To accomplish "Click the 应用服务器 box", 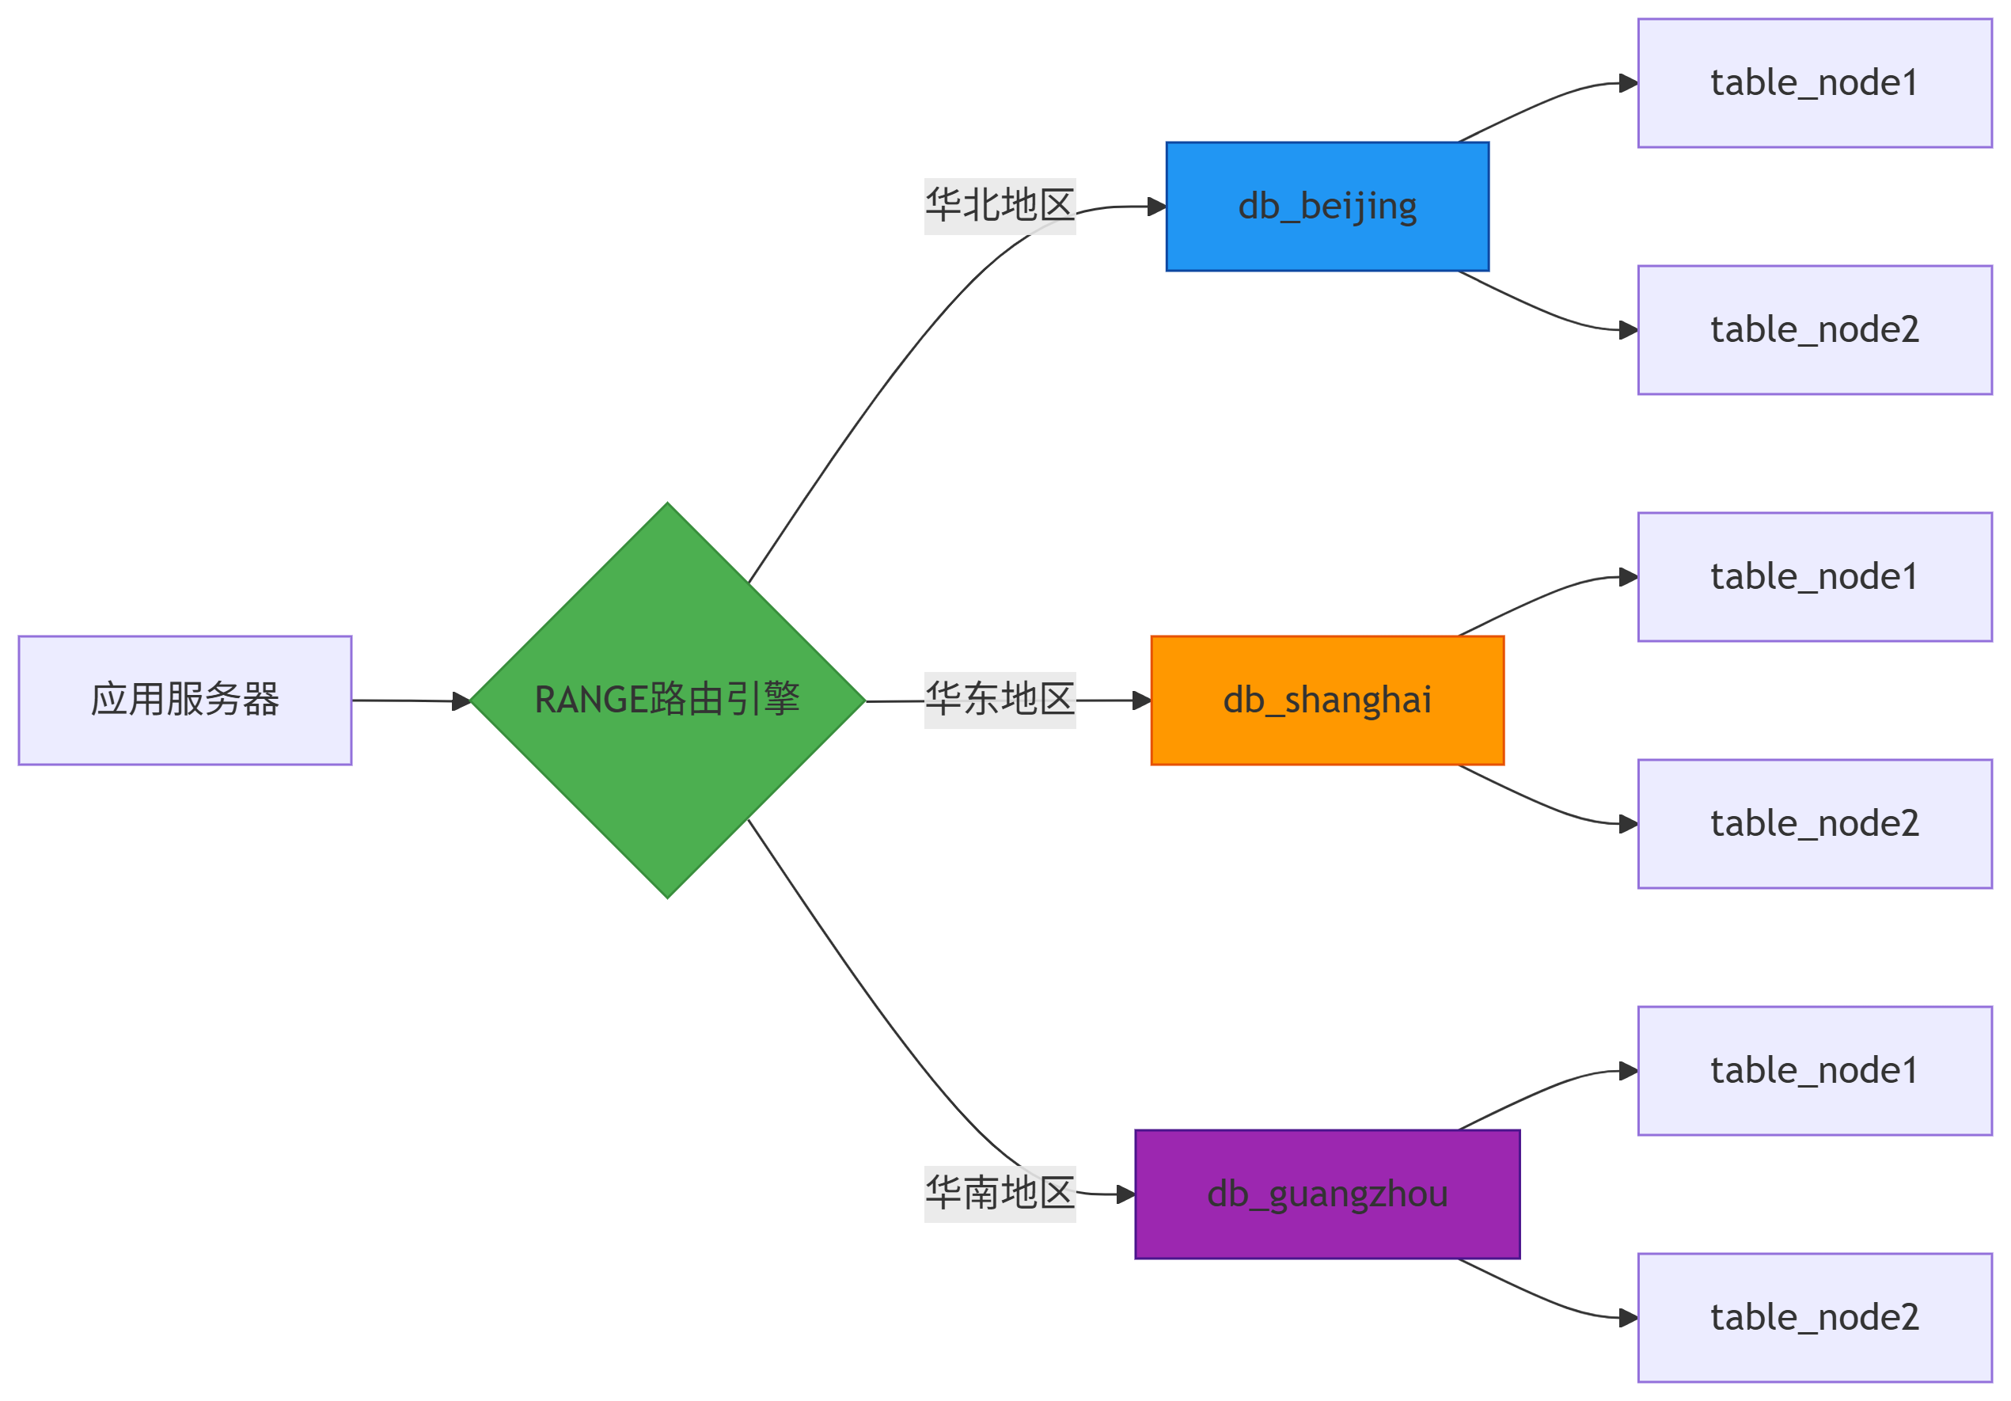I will coord(185,700).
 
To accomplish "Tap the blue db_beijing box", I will coord(1327,207).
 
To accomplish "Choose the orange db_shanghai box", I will coord(1327,700).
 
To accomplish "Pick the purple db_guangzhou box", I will coord(1327,1194).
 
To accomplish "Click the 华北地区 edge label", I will coord(1000,206).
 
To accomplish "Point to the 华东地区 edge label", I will coord(1000,700).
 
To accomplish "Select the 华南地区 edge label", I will coord(1000,1194).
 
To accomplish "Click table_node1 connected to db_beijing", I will coord(1815,83).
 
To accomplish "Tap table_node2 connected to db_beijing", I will coord(1815,330).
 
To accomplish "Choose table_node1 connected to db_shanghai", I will coord(1815,577).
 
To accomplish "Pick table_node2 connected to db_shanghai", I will coord(1815,825).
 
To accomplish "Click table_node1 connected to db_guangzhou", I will coord(1815,1071).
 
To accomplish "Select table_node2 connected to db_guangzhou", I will coord(1815,1318).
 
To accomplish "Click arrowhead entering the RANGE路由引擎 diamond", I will coord(461,701).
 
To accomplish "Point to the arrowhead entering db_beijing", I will coord(1156,207).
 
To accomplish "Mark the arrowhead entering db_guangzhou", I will coord(1125,1194).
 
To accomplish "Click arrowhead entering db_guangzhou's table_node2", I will coord(1628,1318).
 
